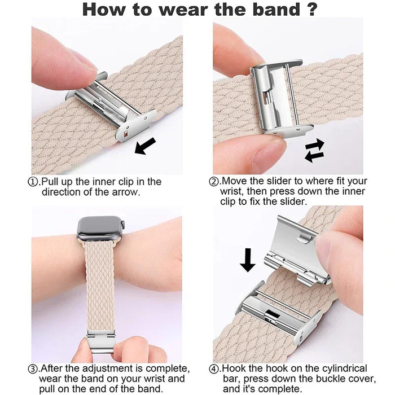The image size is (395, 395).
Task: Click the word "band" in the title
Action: coord(276,10)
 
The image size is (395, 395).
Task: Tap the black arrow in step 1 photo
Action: coord(145,146)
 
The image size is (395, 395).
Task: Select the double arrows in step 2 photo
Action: coord(314,150)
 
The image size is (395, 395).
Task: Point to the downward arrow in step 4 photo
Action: coord(248,260)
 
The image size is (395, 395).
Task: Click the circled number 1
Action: coord(33,182)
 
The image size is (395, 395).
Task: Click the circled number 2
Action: coord(214,181)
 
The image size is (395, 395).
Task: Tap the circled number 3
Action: coord(33,369)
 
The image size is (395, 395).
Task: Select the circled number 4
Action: coord(214,369)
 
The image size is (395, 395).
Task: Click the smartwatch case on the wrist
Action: coord(100,229)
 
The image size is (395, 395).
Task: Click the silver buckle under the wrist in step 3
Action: coord(100,343)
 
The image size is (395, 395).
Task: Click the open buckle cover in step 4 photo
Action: coord(294,238)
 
